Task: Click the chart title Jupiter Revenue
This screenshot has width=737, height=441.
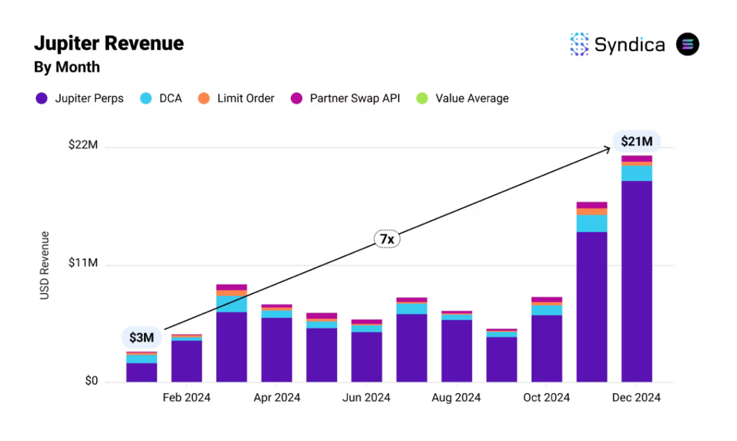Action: point(109,44)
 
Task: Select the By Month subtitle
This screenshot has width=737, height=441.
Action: point(67,67)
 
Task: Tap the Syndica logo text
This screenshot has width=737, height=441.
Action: point(629,45)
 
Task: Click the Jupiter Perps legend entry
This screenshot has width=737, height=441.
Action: point(80,98)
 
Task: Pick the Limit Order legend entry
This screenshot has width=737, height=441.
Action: point(237,98)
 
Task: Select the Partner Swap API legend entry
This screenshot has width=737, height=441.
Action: point(345,98)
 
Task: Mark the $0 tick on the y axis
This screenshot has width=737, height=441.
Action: point(91,381)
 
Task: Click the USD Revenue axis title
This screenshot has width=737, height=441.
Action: point(45,266)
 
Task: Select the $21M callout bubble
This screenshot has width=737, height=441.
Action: point(636,141)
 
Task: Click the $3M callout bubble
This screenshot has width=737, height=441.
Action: point(141,337)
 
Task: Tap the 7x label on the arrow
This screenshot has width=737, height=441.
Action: point(386,240)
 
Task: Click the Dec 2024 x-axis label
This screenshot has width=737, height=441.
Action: point(636,398)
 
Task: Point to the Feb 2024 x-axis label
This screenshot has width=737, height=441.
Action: point(186,398)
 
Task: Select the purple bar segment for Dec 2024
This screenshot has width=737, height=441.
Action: point(636,280)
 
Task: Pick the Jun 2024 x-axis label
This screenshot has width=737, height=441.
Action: point(366,398)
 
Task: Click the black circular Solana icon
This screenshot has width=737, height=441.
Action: point(687,44)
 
